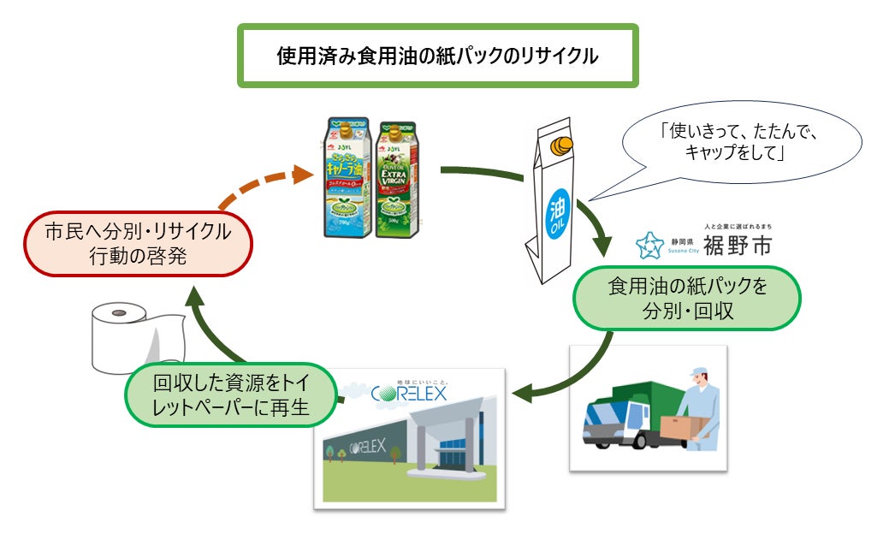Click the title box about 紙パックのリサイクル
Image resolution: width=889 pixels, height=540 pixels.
pos(437,56)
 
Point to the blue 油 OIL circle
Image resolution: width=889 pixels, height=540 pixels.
pos(557,209)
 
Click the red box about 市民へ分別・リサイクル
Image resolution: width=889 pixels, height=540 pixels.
pos(138,244)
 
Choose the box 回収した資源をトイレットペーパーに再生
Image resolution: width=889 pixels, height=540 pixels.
pos(230,396)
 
